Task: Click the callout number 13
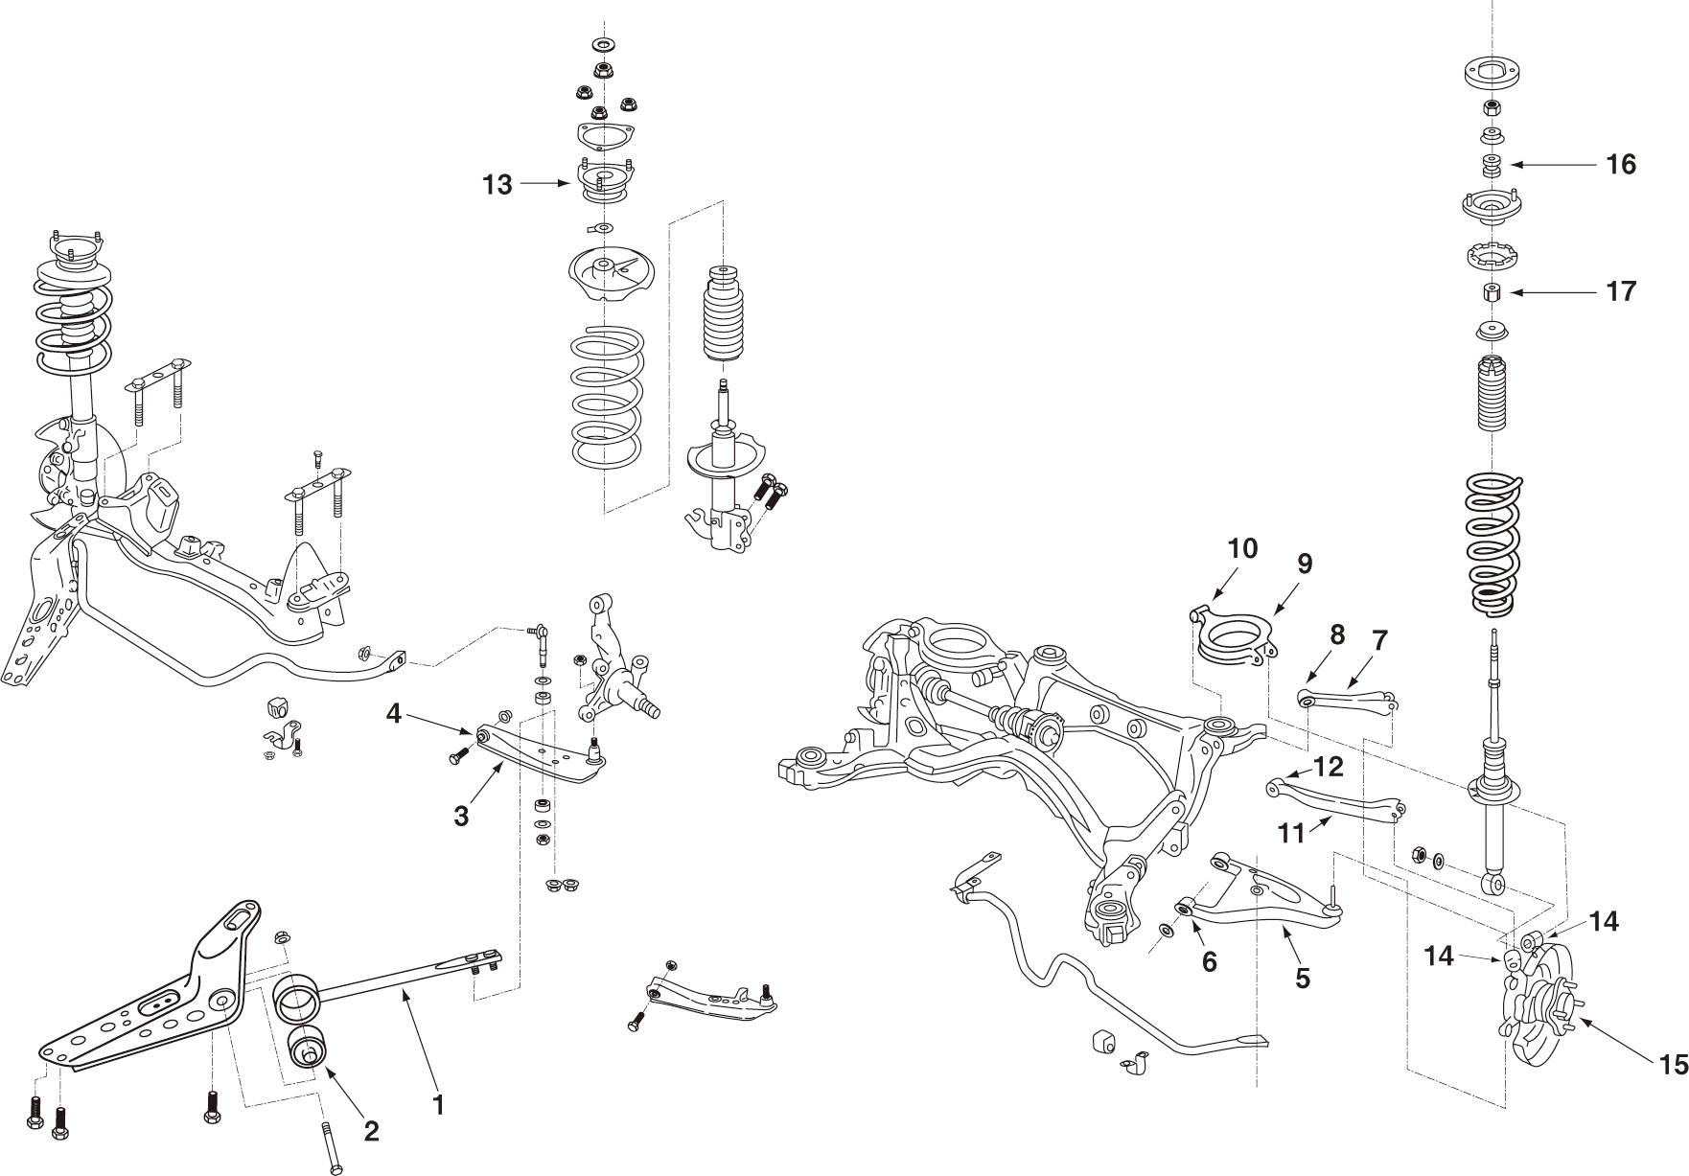[x=497, y=185]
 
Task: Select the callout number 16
[x=1621, y=165]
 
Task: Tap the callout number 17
[x=1621, y=291]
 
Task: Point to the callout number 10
[x=1242, y=549]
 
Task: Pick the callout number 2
[x=371, y=1131]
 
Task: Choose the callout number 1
[x=438, y=1105]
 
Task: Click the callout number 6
[x=1210, y=962]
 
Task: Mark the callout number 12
[x=1330, y=767]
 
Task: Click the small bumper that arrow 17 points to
[x=1492, y=291]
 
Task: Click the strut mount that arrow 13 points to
[x=602, y=183]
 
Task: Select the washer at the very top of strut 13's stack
[x=604, y=45]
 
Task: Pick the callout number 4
[x=394, y=713]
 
